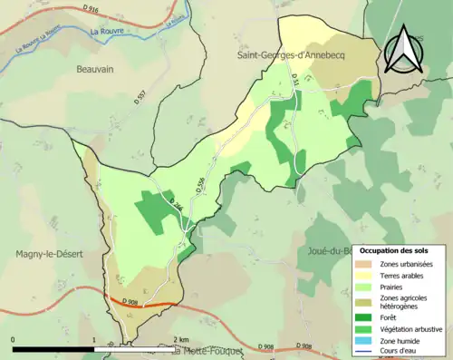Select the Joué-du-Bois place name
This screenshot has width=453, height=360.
pos(332,250)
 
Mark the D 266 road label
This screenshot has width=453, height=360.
pos(177,207)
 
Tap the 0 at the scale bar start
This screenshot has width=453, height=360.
pos(14,339)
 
